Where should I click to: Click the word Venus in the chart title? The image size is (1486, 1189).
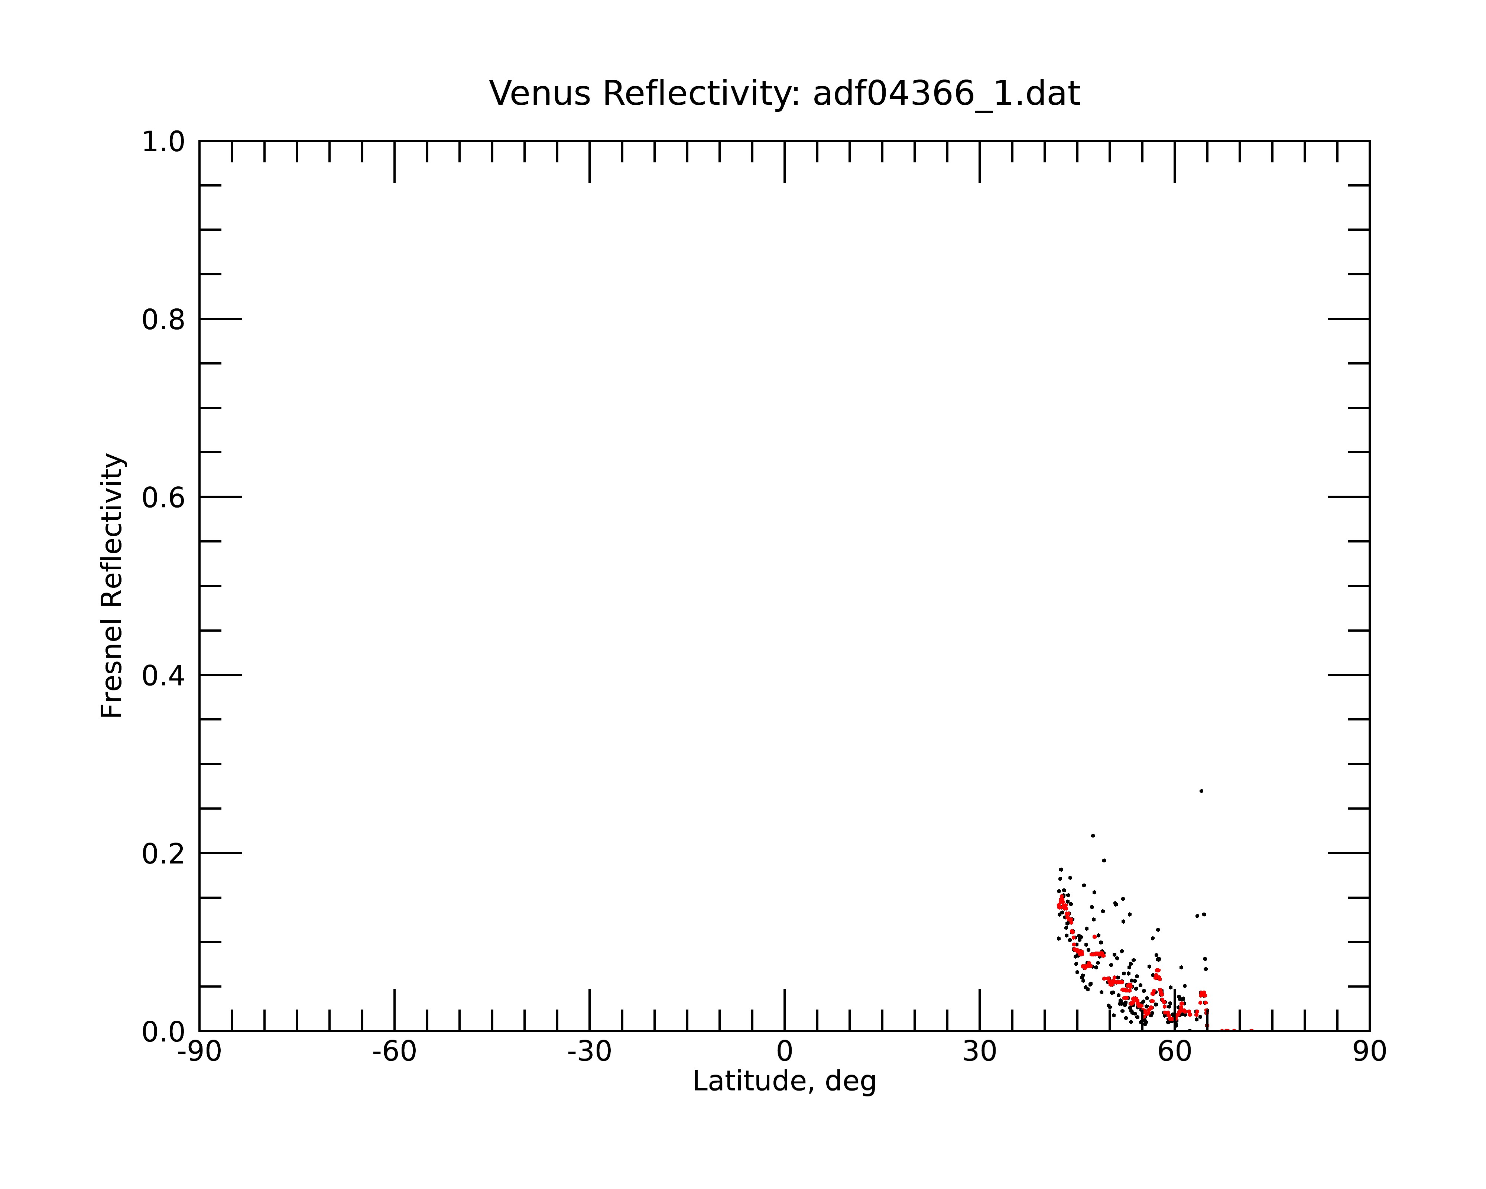540,94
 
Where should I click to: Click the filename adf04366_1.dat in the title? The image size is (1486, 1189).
946,94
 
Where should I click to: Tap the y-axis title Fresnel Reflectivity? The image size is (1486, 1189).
112,585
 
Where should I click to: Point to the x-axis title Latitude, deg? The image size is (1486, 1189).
784,1082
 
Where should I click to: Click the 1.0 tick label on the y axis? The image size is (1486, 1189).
163,143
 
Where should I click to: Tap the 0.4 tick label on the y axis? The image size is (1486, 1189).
163,676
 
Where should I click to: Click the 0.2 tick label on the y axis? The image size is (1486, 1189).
163,854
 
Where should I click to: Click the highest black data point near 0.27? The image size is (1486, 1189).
1201,791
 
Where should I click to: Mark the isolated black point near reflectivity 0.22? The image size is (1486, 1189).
1093,836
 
